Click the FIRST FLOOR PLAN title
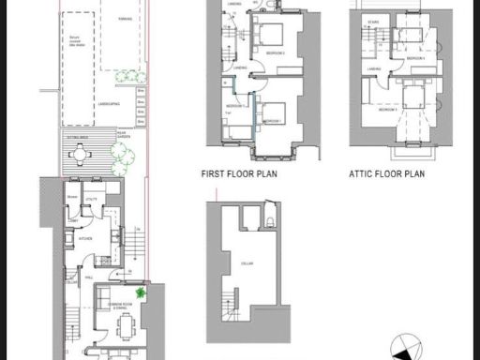click(238, 173)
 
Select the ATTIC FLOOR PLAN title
click(387, 173)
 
